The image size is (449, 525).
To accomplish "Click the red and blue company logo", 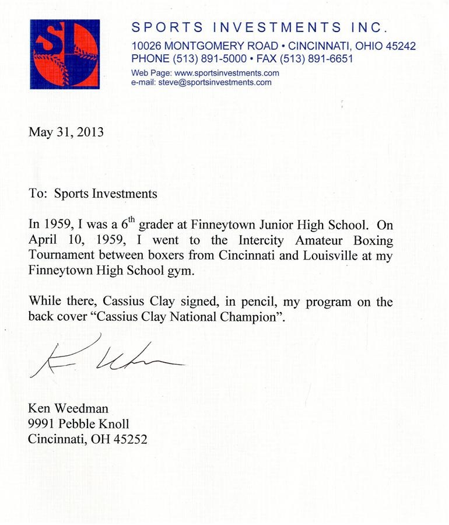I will (x=65, y=54).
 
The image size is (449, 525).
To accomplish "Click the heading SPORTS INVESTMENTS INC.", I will (x=259, y=28).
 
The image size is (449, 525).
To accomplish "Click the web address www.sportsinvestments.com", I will (x=227, y=73).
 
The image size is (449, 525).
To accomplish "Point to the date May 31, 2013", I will (x=66, y=132).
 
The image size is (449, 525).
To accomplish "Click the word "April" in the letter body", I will (x=44, y=240).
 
